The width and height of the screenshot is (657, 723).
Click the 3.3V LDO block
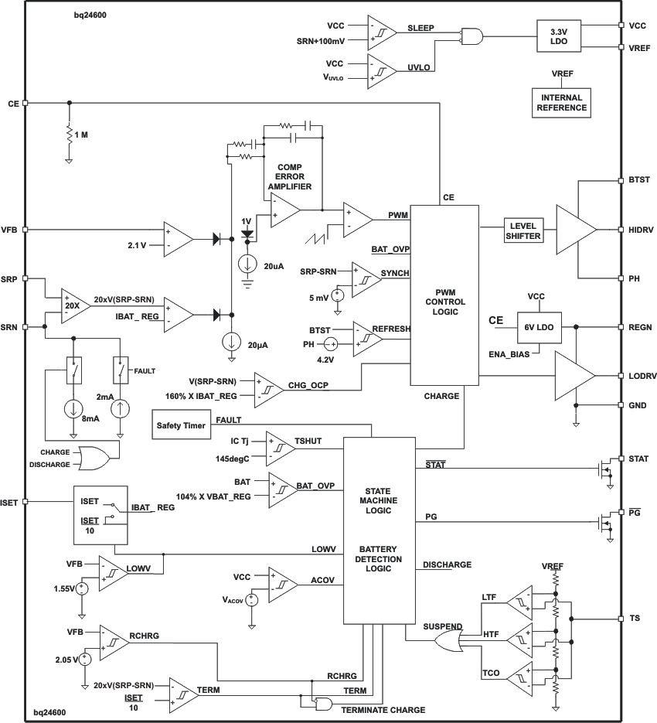558,36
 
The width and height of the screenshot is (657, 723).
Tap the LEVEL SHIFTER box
523,230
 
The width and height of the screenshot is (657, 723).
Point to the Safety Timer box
180,425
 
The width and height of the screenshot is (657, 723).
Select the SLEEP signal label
420,28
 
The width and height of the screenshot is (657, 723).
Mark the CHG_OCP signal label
308,384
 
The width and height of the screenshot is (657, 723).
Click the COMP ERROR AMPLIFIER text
289,177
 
